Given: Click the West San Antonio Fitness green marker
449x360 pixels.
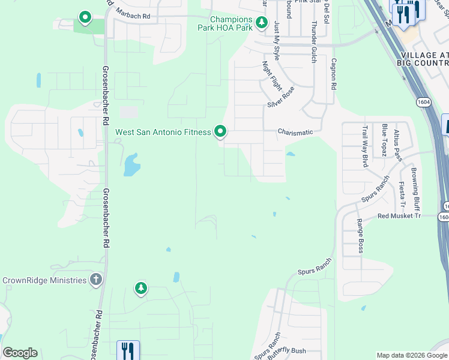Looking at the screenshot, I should tap(220, 131).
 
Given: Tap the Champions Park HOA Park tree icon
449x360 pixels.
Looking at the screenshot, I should tap(261, 23).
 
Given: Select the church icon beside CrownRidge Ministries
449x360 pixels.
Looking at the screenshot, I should tap(95, 280).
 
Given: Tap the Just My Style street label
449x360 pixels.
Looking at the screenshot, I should tap(277, 41).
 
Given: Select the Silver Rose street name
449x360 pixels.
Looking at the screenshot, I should tap(281, 97).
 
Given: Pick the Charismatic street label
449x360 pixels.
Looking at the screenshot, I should tap(296, 132).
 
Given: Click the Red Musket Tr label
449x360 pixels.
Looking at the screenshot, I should tap(399, 215).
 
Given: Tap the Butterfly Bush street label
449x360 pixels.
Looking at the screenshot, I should tap(289, 351).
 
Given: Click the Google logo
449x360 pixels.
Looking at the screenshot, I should tap(20, 353).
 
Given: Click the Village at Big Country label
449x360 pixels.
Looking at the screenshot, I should tap(424, 58).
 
